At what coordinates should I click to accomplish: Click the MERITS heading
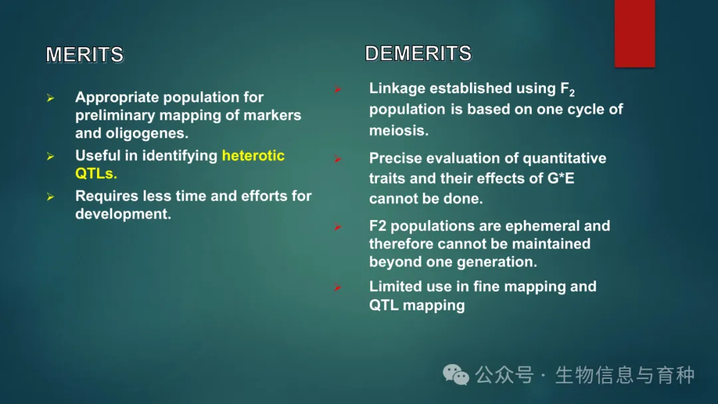click(x=84, y=54)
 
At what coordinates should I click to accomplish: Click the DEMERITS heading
click(x=418, y=54)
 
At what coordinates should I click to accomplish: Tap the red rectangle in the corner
click(x=635, y=33)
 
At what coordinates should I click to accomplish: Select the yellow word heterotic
click(x=253, y=155)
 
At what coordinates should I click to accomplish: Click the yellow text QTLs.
click(x=96, y=173)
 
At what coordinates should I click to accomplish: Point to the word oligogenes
click(x=147, y=133)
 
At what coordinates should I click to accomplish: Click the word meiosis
click(x=399, y=130)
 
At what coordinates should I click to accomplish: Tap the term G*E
click(x=561, y=178)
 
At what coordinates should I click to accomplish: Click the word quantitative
click(x=564, y=158)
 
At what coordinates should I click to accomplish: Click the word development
click(x=123, y=214)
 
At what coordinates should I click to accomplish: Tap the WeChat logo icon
click(x=455, y=375)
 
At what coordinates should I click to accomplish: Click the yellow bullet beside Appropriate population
click(x=51, y=98)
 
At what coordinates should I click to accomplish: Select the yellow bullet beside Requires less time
click(x=51, y=197)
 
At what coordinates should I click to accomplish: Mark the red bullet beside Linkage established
click(x=338, y=89)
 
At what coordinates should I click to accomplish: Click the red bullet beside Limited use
click(x=338, y=287)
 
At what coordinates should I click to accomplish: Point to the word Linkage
click(x=397, y=88)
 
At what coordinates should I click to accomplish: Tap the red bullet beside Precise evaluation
click(x=338, y=159)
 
